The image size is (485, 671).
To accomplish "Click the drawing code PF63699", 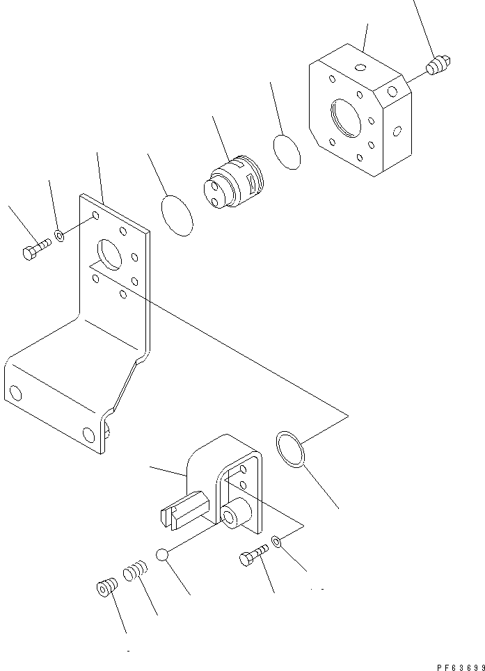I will pos(460,666).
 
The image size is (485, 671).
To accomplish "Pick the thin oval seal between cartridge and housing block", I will pos(287,152).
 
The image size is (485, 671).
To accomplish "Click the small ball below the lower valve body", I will pos(162,554).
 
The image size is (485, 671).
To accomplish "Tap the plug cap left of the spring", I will pos(105,588).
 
